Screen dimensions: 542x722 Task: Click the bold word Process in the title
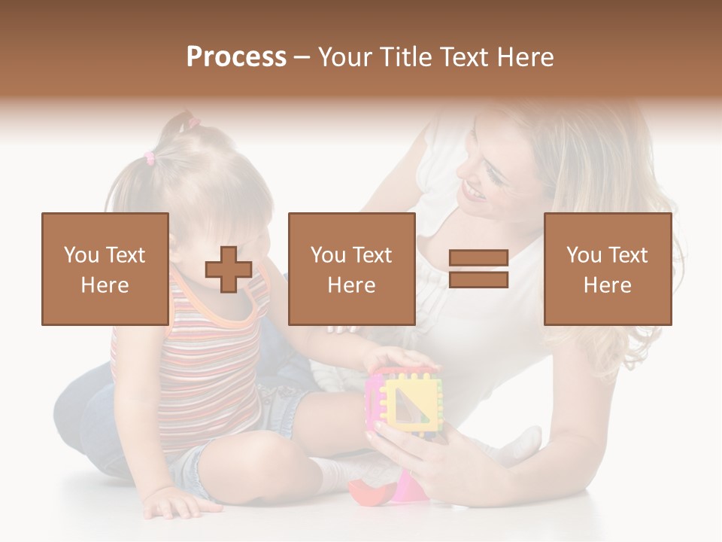(x=236, y=56)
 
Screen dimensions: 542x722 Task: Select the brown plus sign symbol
(x=229, y=269)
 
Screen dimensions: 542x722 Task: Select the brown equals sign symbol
(x=478, y=269)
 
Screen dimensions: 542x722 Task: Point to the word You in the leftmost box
(x=80, y=254)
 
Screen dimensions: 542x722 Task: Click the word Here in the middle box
(x=351, y=285)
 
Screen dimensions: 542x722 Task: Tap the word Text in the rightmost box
(x=628, y=254)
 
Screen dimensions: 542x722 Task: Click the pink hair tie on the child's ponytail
(x=149, y=158)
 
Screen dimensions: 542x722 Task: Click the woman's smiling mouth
(x=473, y=193)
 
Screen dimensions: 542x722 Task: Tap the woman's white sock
(x=523, y=444)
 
